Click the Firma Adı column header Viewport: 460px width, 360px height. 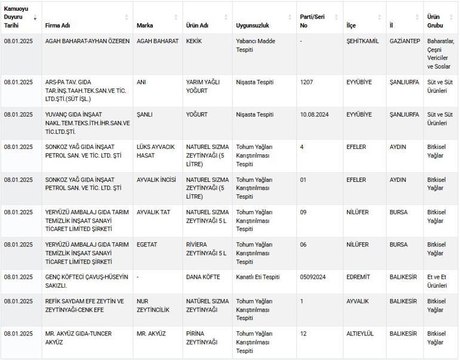pyautogui.click(x=58, y=26)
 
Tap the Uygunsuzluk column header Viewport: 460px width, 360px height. pyautogui.click(x=253, y=26)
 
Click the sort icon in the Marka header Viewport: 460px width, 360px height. pyautogui.click(x=176, y=17)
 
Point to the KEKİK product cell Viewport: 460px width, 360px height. pyautogui.click(x=194, y=41)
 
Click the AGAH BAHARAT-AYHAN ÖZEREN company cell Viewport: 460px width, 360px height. pyautogui.click(x=87, y=41)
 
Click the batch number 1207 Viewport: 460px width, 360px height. pyautogui.click(x=306, y=82)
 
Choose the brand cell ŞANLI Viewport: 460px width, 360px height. pyautogui.click(x=146, y=114)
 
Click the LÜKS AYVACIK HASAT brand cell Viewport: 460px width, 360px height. pyautogui.click(x=154, y=151)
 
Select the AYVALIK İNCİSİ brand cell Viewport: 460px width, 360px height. pyautogui.click(x=156, y=179)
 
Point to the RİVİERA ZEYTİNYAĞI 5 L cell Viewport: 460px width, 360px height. pyautogui.click(x=207, y=249)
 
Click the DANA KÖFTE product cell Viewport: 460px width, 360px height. pyautogui.click(x=203, y=277)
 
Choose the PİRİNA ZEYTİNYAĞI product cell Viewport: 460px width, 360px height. pyautogui.click(x=201, y=338)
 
